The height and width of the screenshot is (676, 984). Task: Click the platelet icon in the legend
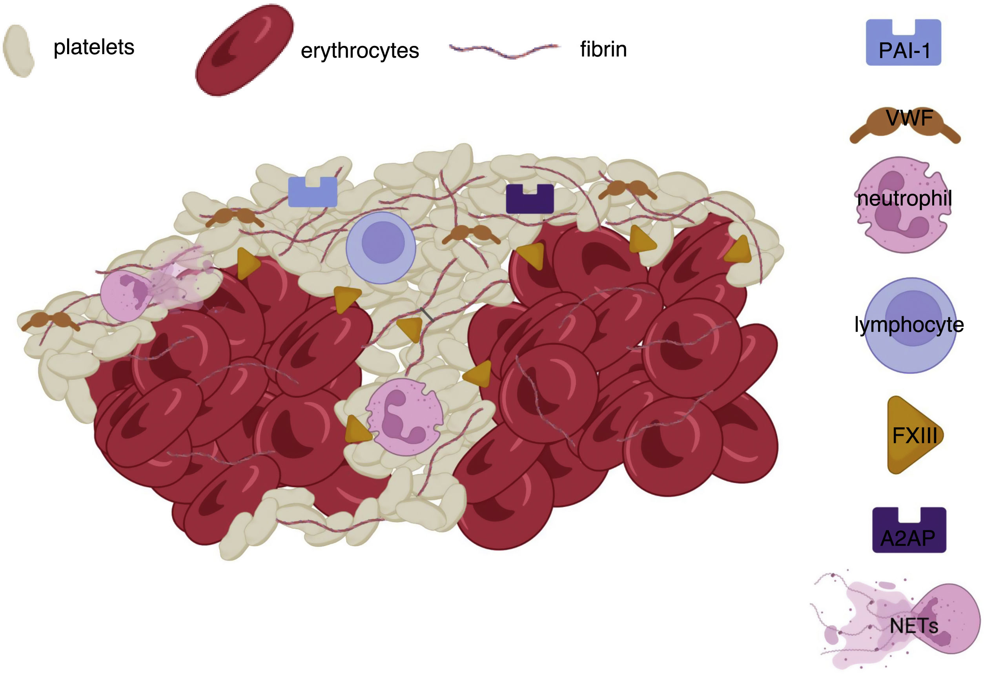click(19, 51)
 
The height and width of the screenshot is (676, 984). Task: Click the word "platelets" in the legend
click(94, 47)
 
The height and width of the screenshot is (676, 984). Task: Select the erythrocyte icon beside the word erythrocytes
click(244, 50)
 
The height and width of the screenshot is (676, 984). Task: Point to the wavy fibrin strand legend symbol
click(505, 50)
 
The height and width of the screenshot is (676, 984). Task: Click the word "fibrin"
click(603, 49)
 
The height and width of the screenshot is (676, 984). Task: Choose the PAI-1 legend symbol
click(903, 43)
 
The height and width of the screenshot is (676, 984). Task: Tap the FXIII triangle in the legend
click(913, 435)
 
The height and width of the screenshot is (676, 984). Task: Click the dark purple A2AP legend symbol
click(909, 530)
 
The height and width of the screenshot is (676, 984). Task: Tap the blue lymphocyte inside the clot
click(381, 247)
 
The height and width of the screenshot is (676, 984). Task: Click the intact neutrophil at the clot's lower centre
click(405, 417)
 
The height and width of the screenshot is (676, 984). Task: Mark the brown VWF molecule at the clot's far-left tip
click(50, 321)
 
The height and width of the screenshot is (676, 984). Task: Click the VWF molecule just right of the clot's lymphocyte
click(471, 234)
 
